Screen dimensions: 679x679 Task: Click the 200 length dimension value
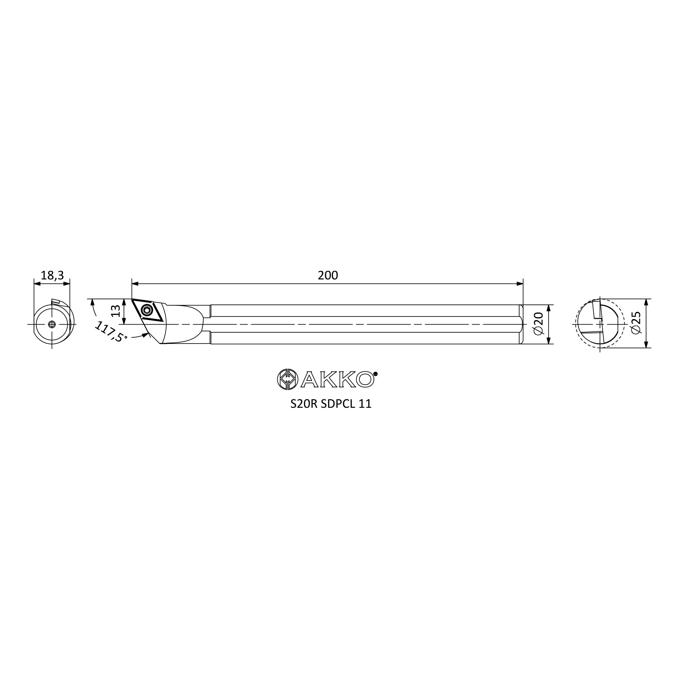pyautogui.click(x=328, y=276)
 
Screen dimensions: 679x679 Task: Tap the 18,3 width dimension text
pyautogui.click(x=52, y=276)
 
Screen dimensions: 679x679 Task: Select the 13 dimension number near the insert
pyautogui.click(x=115, y=311)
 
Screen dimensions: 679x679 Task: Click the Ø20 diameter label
pyautogui.click(x=538, y=324)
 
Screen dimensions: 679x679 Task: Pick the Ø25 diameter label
pyautogui.click(x=636, y=323)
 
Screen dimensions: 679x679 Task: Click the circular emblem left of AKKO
pyautogui.click(x=288, y=379)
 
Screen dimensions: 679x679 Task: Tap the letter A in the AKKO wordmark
pyautogui.click(x=310, y=380)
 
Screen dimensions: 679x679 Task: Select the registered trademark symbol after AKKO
pyautogui.click(x=375, y=374)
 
